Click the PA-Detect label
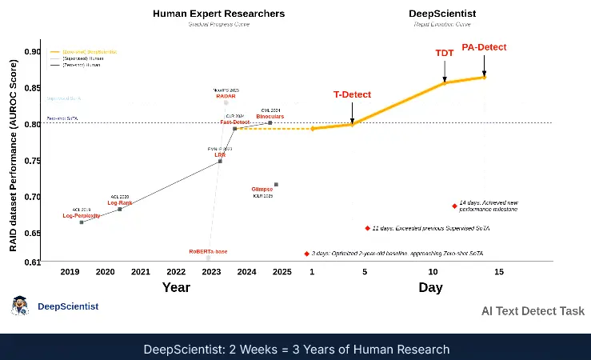point(485,47)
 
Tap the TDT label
point(444,53)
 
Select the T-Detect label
point(352,94)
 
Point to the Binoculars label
point(270,117)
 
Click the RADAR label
point(226,97)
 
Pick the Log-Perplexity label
point(82,216)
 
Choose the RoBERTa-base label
point(208,251)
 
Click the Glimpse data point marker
point(276,185)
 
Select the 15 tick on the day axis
point(499,272)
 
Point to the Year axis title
point(176,287)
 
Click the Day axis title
point(430,287)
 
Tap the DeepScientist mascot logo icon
point(19,306)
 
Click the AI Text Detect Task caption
point(533,311)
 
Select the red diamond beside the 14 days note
point(454,206)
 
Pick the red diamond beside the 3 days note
point(306,253)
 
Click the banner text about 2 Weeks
point(295,350)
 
